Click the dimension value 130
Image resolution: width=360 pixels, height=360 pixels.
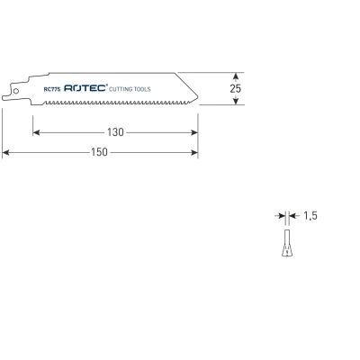[x=115, y=132]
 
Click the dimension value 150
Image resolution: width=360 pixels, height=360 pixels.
[x=99, y=152]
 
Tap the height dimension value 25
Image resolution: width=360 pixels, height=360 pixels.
[x=236, y=88]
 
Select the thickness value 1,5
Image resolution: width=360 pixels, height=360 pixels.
[x=310, y=215]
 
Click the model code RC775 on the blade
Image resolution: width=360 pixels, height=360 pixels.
[x=52, y=89]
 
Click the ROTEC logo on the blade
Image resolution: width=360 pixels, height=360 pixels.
[x=85, y=88]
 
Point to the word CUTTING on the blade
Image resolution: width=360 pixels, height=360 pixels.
[x=121, y=89]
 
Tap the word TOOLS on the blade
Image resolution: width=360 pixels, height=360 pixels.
[x=142, y=89]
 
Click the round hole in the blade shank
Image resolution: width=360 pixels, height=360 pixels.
[x=16, y=91]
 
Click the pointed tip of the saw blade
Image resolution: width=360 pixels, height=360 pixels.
[x=198, y=97]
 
